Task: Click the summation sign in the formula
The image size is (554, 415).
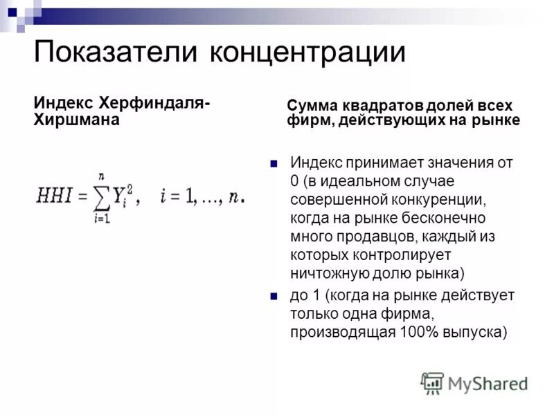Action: tap(101, 197)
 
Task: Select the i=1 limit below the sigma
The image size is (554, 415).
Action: tap(101, 218)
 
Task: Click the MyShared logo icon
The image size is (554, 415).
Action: tap(432, 382)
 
